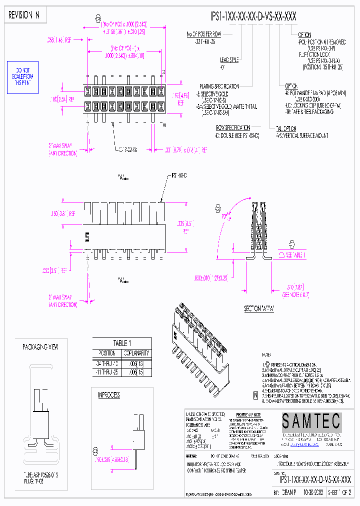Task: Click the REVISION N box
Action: click(x=24, y=15)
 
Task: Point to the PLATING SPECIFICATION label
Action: click(x=219, y=86)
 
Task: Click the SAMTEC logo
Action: click(x=310, y=421)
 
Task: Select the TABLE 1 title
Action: click(x=122, y=343)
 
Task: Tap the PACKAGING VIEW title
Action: click(x=40, y=346)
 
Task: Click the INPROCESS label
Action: click(x=108, y=395)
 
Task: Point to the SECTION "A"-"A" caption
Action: click(x=258, y=308)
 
